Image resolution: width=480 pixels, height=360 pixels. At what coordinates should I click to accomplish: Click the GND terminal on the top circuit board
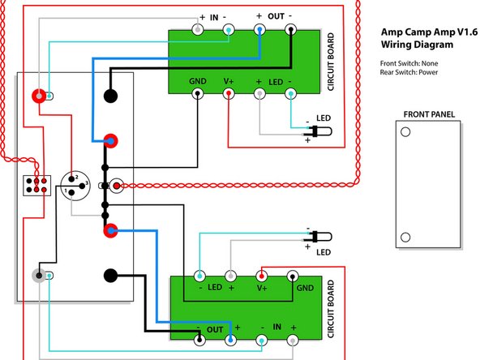[x=197, y=94]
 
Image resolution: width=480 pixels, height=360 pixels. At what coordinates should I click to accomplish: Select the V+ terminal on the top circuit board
[x=229, y=94]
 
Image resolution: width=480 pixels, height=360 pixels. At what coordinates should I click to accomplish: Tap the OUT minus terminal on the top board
[x=291, y=30]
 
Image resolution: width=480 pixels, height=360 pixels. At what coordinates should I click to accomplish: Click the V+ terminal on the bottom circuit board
[x=262, y=275]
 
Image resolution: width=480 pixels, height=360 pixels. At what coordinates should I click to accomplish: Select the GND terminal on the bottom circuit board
[x=294, y=275]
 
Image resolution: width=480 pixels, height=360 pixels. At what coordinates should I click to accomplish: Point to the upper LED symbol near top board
[x=321, y=131]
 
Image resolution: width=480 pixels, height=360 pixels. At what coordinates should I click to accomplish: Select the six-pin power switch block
[x=35, y=183]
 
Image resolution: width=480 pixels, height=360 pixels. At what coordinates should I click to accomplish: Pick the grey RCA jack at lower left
[x=37, y=275]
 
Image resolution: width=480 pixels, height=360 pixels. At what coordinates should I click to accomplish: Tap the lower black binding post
[x=111, y=275]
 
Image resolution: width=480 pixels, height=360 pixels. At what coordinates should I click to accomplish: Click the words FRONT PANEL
[x=426, y=114]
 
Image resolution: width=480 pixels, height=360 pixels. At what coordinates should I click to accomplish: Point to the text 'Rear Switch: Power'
[x=414, y=72]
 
